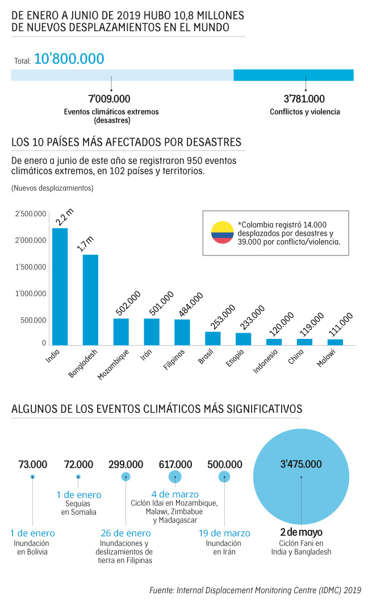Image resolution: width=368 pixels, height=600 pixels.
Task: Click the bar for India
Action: [60, 286]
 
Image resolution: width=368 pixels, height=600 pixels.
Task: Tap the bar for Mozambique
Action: [121, 332]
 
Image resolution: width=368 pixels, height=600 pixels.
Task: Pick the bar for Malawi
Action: [335, 342]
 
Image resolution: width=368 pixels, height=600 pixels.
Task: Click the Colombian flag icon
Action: [222, 232]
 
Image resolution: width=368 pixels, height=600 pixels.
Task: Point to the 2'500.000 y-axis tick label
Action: [31, 214]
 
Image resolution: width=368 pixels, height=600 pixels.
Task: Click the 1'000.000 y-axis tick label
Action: [31, 293]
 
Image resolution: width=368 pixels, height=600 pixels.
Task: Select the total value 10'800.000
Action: [69, 58]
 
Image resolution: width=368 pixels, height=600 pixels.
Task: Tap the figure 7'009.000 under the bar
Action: [111, 99]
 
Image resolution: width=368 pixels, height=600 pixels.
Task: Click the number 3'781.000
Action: [304, 99]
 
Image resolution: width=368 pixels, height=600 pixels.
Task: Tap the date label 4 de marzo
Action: [175, 494]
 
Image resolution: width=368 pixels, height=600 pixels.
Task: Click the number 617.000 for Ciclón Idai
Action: [175, 464]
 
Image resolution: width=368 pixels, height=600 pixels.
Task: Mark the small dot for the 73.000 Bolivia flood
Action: [32, 477]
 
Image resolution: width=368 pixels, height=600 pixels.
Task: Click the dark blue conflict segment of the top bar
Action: [294, 75]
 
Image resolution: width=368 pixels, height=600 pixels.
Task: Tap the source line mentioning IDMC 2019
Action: [255, 590]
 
